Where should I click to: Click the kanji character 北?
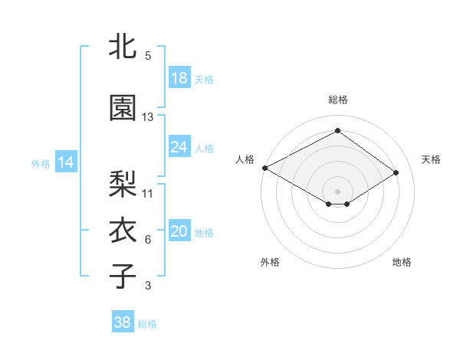pyautogui.click(x=123, y=46)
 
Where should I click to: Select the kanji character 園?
pyautogui.click(x=123, y=108)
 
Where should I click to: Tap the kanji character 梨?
pyautogui.click(x=123, y=183)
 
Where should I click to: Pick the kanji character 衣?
pyautogui.click(x=123, y=230)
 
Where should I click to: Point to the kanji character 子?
pyautogui.click(x=123, y=276)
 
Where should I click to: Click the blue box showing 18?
pyautogui.click(x=179, y=78)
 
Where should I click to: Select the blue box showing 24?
pyautogui.click(x=179, y=147)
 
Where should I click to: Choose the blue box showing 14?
pyautogui.click(x=65, y=162)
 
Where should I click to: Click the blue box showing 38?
pyautogui.click(x=123, y=322)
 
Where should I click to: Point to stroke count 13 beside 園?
pyautogui.click(x=148, y=117)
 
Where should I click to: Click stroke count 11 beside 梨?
pyautogui.click(x=148, y=193)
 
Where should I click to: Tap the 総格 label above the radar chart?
pyautogui.click(x=337, y=100)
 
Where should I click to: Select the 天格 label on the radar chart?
pyautogui.click(x=431, y=159)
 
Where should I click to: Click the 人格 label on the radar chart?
pyautogui.click(x=245, y=159)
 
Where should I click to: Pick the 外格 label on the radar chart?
pyautogui.click(x=270, y=262)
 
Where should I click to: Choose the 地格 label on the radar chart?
pyautogui.click(x=402, y=262)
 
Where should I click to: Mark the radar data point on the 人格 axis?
pyautogui.click(x=264, y=167)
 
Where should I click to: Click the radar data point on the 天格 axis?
pyautogui.click(x=396, y=172)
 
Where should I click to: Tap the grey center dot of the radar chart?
pyautogui.click(x=337, y=191)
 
